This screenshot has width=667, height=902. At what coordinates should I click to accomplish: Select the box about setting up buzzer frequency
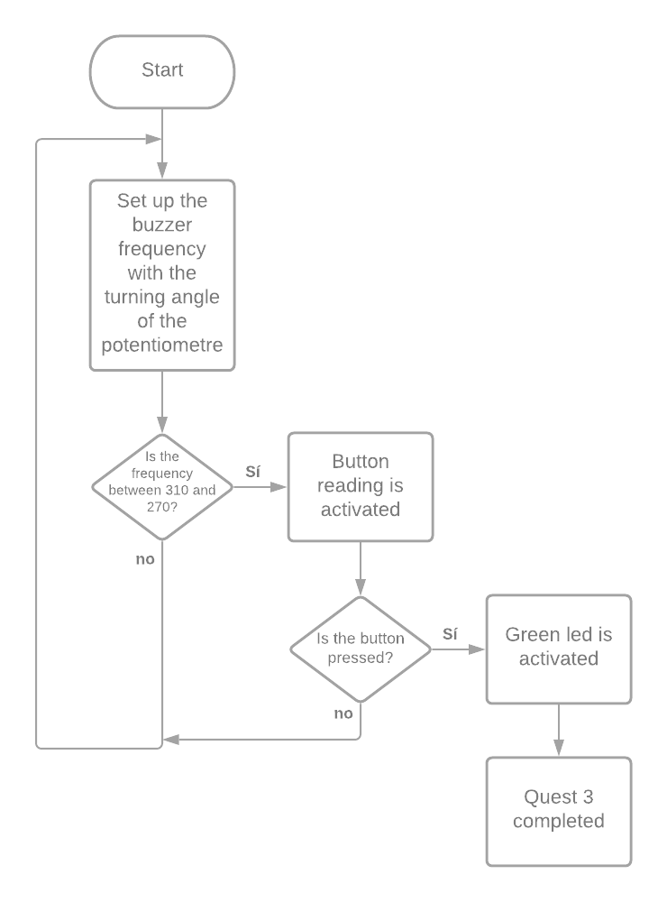pos(162,275)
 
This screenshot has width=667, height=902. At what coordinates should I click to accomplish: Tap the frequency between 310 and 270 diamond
pos(162,487)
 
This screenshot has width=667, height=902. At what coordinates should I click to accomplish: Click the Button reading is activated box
pos(361,487)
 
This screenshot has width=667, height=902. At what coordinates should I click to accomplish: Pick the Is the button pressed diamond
pos(361,649)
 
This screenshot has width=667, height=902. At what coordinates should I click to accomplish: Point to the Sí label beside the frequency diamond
pos(253,471)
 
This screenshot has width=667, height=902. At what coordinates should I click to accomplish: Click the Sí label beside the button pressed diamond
pos(451,633)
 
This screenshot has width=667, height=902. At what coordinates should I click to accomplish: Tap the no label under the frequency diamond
pos(145,559)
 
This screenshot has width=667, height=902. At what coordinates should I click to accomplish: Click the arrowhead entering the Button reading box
pos(279,487)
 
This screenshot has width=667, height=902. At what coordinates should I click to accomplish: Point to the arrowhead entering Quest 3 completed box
pos(559,749)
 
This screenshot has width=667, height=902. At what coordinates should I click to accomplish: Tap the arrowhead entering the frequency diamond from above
pos(162,425)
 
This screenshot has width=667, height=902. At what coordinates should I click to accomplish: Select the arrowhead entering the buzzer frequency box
pos(162,171)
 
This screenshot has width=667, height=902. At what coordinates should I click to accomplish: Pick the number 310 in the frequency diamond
pos(187,490)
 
